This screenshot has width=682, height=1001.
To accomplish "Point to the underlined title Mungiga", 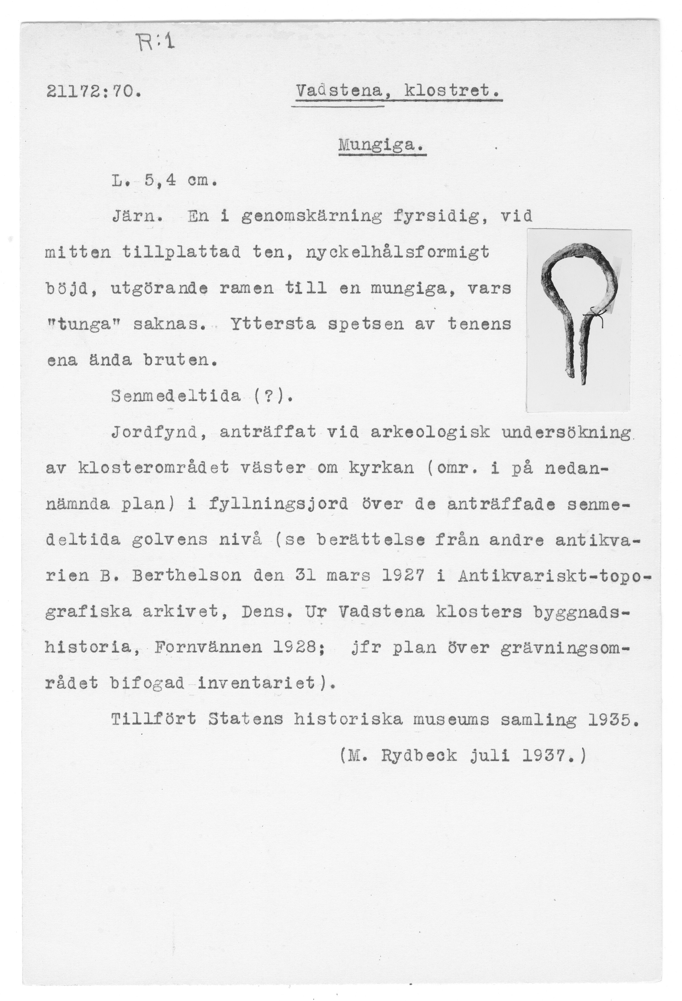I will point(381,146).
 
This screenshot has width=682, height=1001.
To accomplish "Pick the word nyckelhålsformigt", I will point(397,252).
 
